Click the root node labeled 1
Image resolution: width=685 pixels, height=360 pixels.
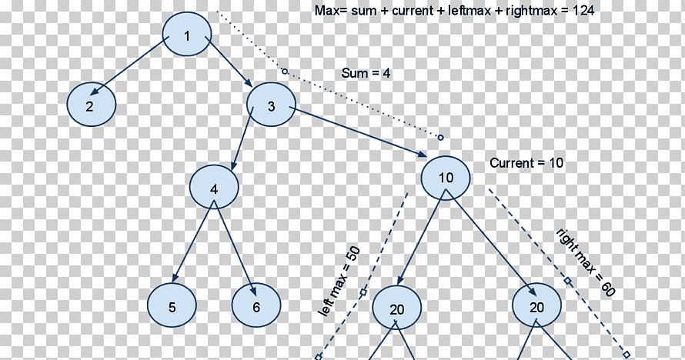(x=187, y=34)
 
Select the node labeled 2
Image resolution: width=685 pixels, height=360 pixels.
(x=92, y=105)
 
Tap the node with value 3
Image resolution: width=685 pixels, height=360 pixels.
(x=271, y=105)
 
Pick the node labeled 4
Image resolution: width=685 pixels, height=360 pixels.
(x=214, y=187)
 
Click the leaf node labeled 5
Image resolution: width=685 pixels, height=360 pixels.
(x=172, y=305)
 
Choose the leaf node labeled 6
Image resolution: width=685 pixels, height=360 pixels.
(x=256, y=305)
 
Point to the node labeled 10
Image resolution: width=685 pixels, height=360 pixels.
(x=446, y=178)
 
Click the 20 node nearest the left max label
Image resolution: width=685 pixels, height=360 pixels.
(x=396, y=308)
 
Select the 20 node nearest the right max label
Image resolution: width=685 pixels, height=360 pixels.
(x=536, y=305)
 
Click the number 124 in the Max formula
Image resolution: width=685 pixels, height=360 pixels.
(x=583, y=11)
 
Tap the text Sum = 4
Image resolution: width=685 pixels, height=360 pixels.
(x=366, y=73)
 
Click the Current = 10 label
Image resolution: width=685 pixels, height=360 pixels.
(x=526, y=163)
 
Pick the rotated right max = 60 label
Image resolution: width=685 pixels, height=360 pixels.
(x=586, y=262)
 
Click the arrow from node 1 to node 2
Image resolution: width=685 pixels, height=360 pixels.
(x=129, y=66)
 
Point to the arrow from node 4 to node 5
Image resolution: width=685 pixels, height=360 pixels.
(x=193, y=242)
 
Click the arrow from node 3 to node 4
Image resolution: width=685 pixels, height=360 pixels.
(x=242, y=138)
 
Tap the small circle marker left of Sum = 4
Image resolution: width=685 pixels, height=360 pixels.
(x=285, y=71)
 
